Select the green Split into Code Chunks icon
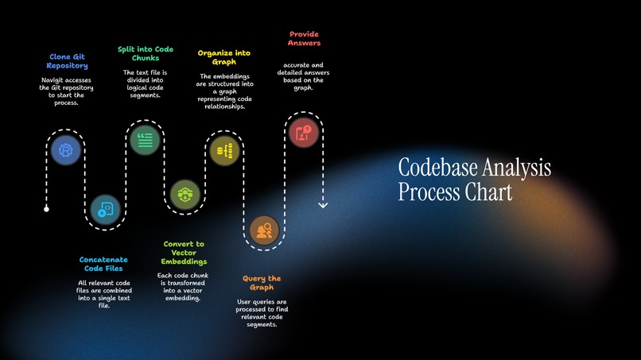[x=144, y=140]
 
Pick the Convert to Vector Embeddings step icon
[x=185, y=193]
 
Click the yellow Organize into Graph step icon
[x=223, y=149]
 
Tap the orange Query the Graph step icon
[x=263, y=230]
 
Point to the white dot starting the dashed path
[x=46, y=209]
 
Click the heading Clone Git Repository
[x=67, y=61]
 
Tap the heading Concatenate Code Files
[x=103, y=264]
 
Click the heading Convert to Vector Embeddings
[x=184, y=253]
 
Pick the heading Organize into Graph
[x=223, y=57]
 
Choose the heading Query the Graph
[x=262, y=283]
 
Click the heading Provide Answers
[x=304, y=39]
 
